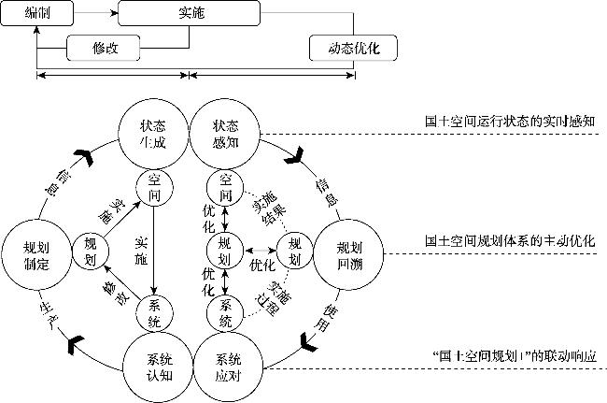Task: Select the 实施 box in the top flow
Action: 190,13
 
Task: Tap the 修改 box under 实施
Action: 103,48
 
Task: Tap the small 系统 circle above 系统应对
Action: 225,314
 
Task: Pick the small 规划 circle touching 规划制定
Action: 90,250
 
